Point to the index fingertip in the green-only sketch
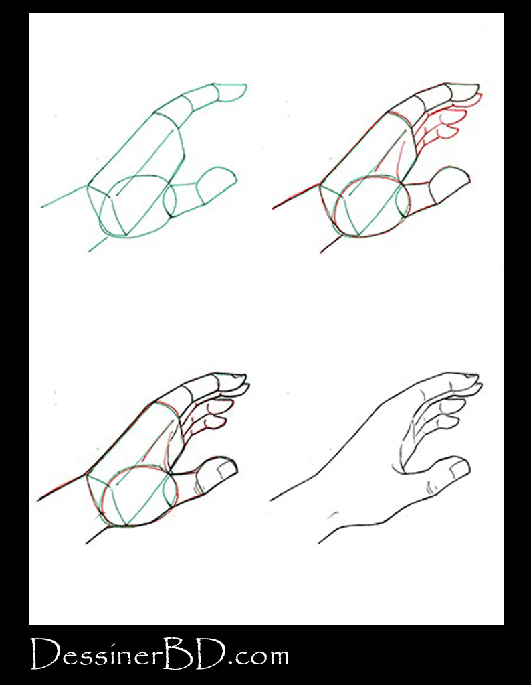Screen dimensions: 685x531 (x=234, y=90)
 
